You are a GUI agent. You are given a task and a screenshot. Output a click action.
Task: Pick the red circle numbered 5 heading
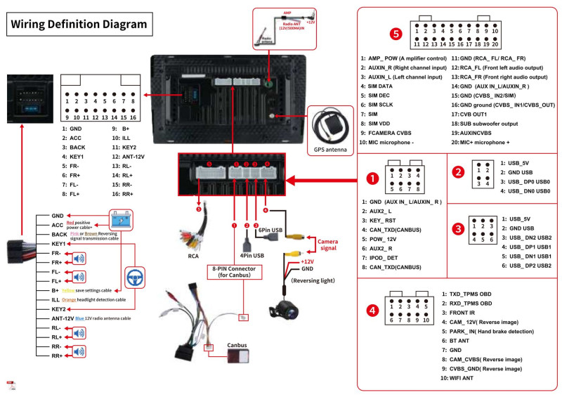[x=396, y=32]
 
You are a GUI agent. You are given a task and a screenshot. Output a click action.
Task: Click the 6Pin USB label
[x=271, y=230]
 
